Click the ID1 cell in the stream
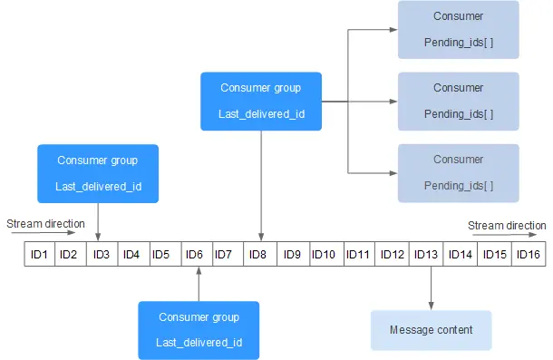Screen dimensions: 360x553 (x=39, y=254)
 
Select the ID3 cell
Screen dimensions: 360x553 (x=101, y=254)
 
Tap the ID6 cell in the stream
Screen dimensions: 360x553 (x=194, y=254)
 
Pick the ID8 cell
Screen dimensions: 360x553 (x=257, y=254)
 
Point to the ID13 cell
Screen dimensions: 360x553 (x=425, y=254)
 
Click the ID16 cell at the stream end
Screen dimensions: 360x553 (x=529, y=254)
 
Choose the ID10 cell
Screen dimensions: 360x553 (x=324, y=254)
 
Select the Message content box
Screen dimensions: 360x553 (x=431, y=330)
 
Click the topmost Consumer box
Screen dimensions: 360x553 (x=458, y=29)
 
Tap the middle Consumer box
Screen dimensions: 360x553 (x=458, y=101)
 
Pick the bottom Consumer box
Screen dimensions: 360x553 (x=458, y=172)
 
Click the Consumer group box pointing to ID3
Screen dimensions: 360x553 (x=98, y=173)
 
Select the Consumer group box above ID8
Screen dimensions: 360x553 (x=261, y=101)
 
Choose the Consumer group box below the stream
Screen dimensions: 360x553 (x=199, y=330)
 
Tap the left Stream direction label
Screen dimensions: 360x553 (x=45, y=223)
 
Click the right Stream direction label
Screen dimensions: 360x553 (x=507, y=225)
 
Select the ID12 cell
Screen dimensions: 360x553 (x=392, y=254)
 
